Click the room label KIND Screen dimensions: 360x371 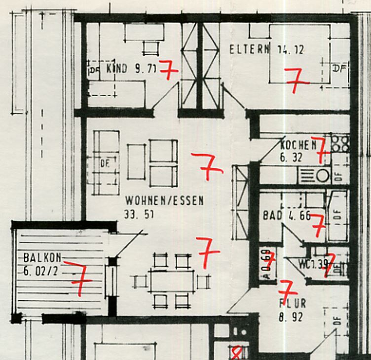(117, 69)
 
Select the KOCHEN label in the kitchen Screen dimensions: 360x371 (298, 146)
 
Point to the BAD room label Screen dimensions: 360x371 (273, 216)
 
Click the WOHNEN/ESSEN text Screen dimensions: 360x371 (164, 201)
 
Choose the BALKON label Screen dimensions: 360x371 (42, 258)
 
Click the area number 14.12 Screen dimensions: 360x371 (291, 49)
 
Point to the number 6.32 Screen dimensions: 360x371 (291, 158)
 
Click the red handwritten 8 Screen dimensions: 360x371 (237, 353)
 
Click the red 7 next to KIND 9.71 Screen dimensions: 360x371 (168, 70)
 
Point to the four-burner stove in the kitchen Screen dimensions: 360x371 (339, 143)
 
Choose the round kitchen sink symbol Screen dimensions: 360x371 (323, 175)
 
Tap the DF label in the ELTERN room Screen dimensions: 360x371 (339, 69)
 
